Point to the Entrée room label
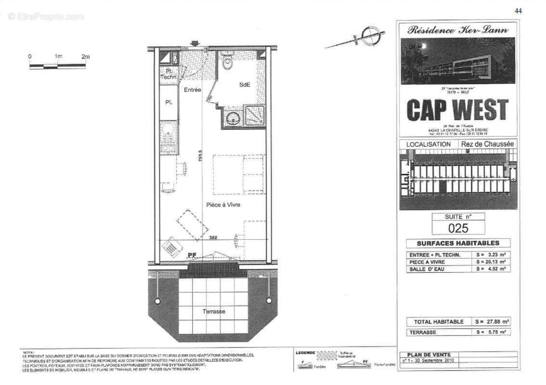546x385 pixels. click(x=193, y=90)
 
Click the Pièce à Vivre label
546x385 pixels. click(x=223, y=205)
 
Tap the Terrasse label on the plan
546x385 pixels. click(x=214, y=311)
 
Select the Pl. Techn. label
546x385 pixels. click(x=169, y=74)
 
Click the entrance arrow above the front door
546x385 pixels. click(x=195, y=44)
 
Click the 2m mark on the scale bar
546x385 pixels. click(x=86, y=57)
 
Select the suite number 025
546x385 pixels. click(x=458, y=227)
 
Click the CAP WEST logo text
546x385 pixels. click(x=457, y=110)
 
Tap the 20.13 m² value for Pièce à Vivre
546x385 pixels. click(x=491, y=262)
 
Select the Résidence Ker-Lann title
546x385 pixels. click(x=457, y=30)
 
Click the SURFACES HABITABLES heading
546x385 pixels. click(x=458, y=243)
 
